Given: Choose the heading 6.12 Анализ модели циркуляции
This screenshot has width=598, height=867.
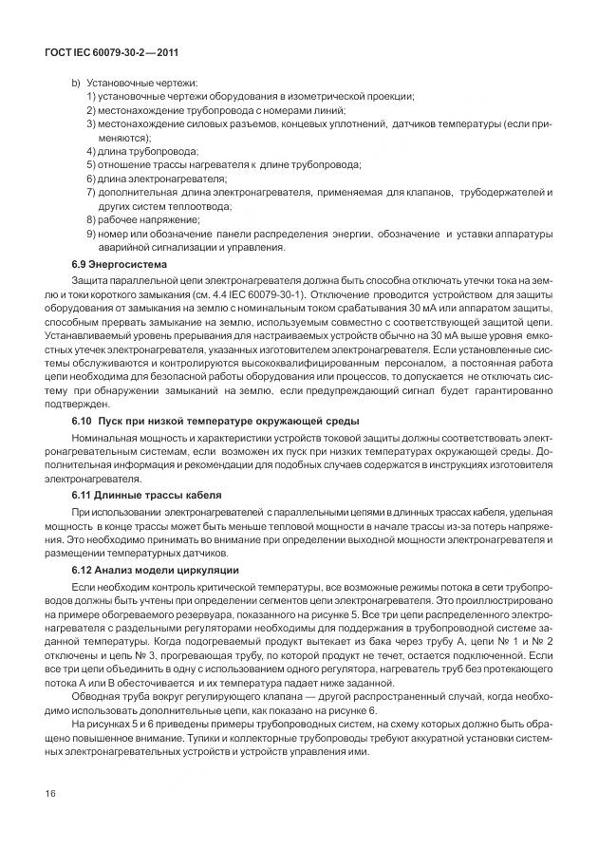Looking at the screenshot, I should click(156, 570).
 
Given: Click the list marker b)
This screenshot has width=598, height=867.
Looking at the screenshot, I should click(76, 84).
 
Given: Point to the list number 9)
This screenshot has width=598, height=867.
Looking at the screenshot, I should click(90, 232).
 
